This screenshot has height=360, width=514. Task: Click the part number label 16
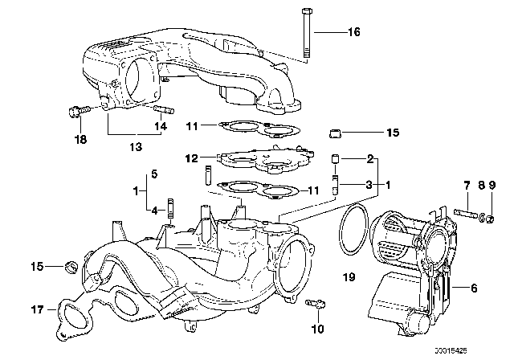coord(354,33)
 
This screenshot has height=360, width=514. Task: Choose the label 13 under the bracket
coord(135,146)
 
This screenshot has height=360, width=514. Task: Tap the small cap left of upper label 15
coord(337,131)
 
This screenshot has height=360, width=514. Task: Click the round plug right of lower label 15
coord(70,265)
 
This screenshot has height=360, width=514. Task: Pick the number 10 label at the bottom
coord(317,329)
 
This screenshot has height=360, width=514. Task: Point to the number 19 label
coord(347,279)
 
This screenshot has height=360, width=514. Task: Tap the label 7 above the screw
coord(466,186)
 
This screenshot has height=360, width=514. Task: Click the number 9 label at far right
coord(491,186)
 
